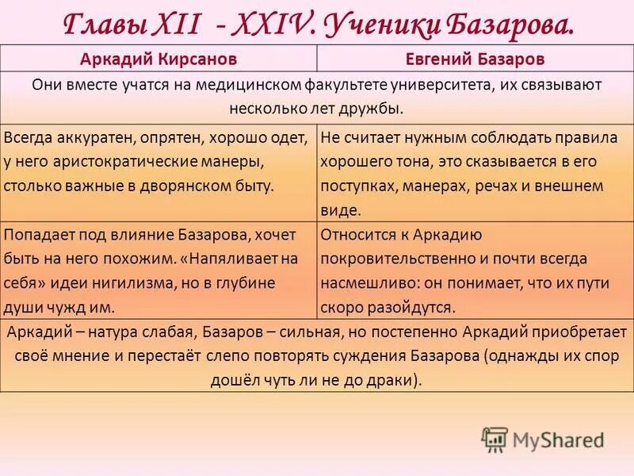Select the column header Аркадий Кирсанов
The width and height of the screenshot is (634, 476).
[158, 59]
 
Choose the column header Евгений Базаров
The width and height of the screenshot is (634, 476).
[475, 59]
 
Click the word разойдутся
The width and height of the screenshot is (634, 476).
[411, 307]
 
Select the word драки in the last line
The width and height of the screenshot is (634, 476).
[392, 380]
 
